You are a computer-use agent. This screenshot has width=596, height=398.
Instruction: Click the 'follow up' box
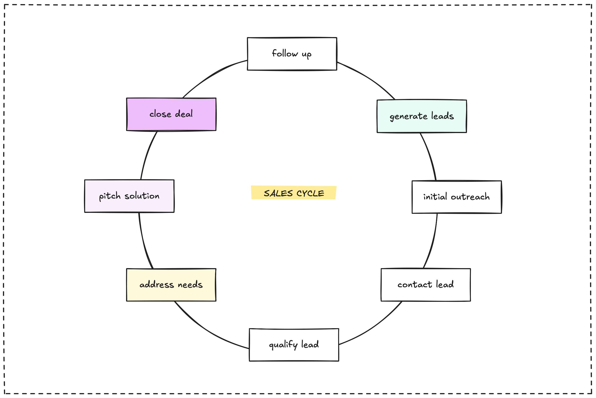coord(292,54)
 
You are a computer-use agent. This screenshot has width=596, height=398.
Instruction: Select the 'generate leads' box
coord(421,116)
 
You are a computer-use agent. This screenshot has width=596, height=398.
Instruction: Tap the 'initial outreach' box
coord(457,197)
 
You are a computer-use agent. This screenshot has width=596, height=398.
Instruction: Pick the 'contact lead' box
coord(426,285)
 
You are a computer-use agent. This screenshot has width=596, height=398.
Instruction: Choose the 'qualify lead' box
coord(294,345)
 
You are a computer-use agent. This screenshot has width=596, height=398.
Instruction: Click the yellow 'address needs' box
coord(171,285)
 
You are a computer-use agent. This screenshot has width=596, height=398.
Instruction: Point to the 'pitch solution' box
coord(129,196)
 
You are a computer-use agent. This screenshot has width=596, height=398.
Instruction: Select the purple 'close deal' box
coord(171,114)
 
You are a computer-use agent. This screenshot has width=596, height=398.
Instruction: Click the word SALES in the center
coord(278,193)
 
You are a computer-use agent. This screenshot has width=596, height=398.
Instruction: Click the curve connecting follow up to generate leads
coord(368,78)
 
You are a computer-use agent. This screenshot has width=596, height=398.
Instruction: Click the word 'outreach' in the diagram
coord(470,197)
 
